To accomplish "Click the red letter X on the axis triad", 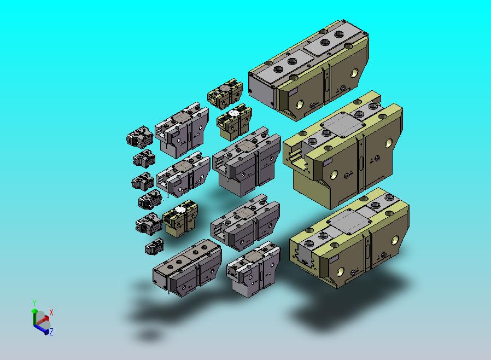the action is click(x=51, y=313).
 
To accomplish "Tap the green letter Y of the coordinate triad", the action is click(x=34, y=303).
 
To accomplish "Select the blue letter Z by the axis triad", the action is click(x=51, y=332).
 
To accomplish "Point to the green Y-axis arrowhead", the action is click(x=34, y=311).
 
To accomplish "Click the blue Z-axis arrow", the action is click(x=40, y=329).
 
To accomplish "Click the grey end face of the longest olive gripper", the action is click(x=262, y=90).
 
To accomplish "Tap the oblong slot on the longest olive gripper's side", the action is click(x=327, y=84).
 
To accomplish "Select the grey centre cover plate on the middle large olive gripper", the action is click(x=343, y=125).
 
